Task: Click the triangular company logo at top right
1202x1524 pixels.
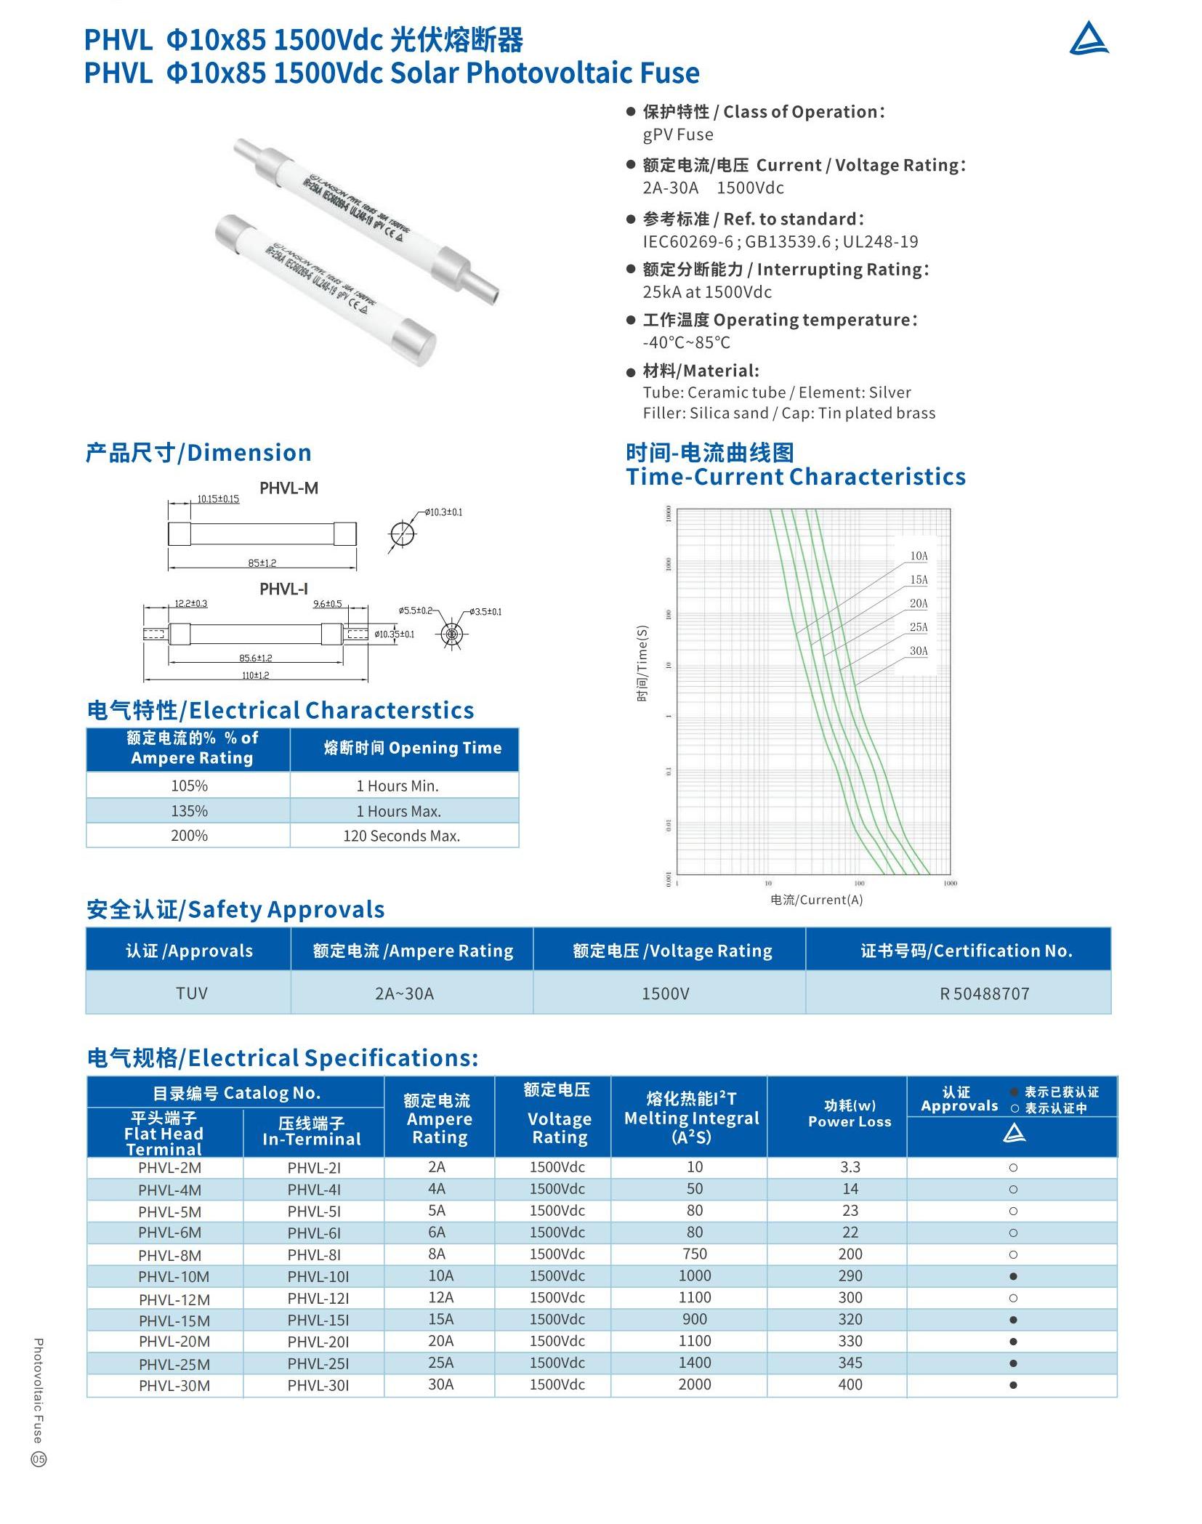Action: point(1088,39)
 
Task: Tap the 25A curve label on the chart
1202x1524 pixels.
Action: point(919,627)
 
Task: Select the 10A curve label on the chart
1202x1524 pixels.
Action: point(919,556)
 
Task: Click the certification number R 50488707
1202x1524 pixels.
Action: point(985,993)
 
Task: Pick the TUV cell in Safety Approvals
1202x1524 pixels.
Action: point(192,993)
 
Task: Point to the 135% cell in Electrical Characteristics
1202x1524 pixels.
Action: point(189,811)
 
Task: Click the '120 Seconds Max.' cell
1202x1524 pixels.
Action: point(401,836)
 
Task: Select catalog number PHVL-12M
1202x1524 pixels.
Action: point(174,1299)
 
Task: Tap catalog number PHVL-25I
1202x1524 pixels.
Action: point(318,1364)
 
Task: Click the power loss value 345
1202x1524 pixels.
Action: point(850,1363)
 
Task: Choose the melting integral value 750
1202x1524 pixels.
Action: point(695,1254)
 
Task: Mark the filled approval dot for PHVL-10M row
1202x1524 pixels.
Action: point(1013,1277)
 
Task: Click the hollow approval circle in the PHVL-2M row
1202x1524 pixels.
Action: point(1013,1168)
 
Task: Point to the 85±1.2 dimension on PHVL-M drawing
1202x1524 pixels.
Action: point(262,563)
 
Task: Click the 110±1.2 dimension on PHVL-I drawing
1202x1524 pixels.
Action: point(255,675)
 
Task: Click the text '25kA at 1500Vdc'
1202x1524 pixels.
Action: point(707,292)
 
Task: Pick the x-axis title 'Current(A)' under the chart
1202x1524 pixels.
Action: point(816,900)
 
